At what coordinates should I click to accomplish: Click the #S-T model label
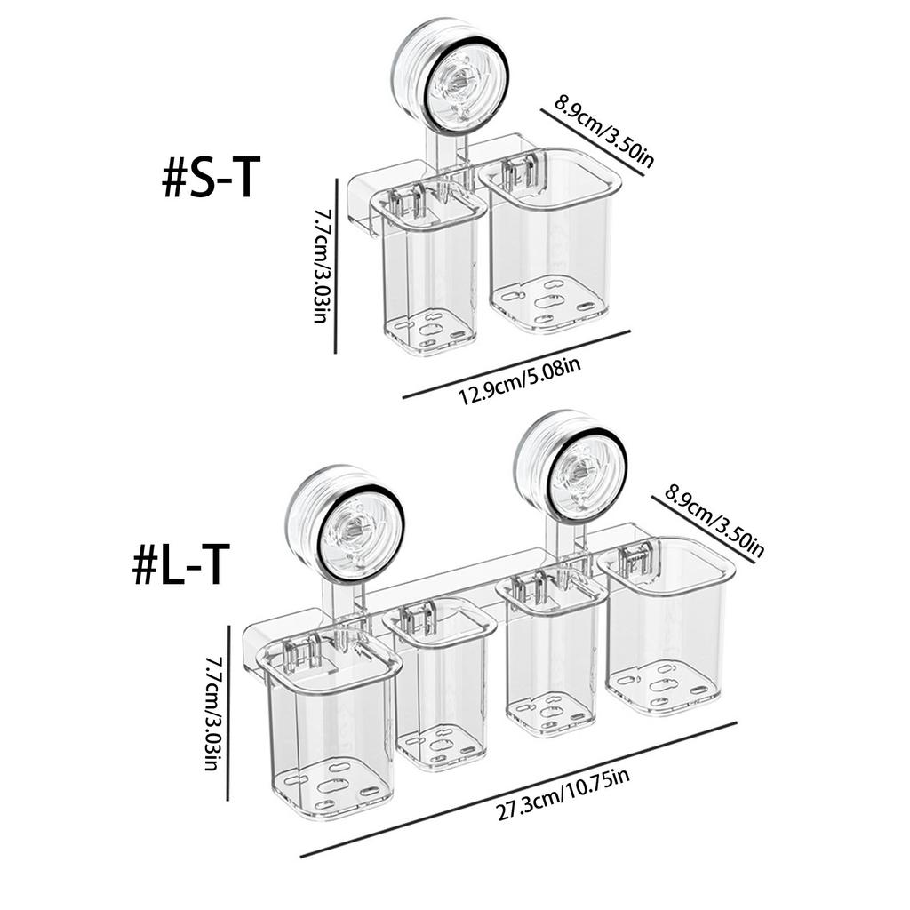point(212,179)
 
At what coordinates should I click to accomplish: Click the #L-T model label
point(181,564)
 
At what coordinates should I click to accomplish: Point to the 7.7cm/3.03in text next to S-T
point(322,266)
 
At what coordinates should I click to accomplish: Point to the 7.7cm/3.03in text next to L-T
point(212,713)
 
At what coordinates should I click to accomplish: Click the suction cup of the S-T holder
point(451,78)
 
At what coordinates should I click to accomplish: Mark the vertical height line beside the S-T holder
point(337,266)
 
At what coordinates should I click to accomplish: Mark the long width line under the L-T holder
point(519,789)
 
